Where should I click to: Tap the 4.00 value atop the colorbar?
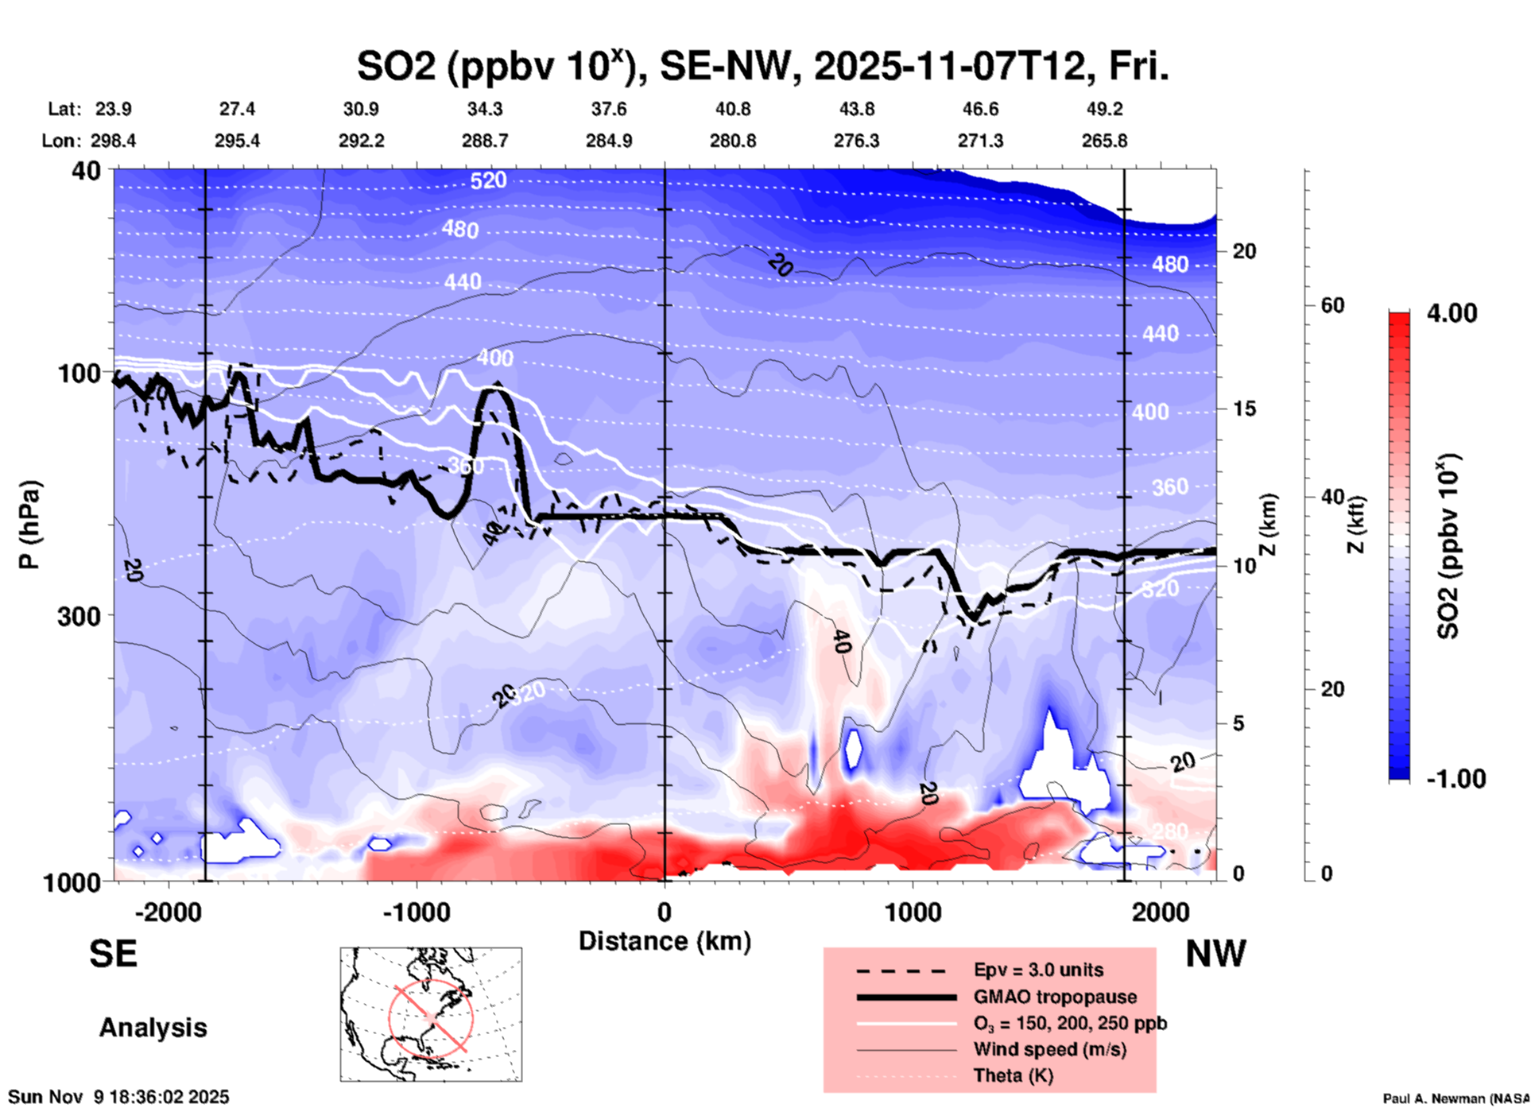(1452, 313)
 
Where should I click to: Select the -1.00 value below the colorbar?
(1455, 778)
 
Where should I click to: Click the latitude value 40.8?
(732, 109)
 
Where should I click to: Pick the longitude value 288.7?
(484, 141)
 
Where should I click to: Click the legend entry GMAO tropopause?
(1055, 997)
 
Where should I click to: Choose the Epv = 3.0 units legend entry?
(1038, 970)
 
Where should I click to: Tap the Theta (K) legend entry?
(1014, 1075)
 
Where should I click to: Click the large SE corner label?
(113, 953)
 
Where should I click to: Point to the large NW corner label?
(1215, 953)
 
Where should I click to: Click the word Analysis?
(153, 1027)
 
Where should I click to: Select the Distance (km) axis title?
(665, 941)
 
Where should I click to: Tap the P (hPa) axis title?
(29, 525)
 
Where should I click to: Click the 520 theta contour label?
(487, 180)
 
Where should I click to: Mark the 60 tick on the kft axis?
(1332, 305)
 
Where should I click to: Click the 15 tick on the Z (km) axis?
(1244, 409)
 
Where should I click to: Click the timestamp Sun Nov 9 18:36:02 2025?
(118, 1097)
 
